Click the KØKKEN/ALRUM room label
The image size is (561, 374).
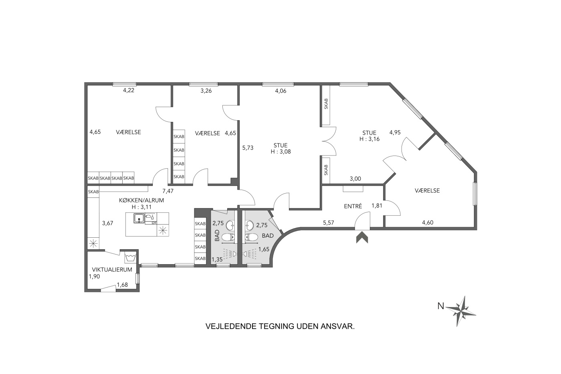141,200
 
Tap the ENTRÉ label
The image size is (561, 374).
353,206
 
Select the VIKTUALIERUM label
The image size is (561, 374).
112,270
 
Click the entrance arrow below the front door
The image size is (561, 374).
362,237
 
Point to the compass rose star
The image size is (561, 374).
461,311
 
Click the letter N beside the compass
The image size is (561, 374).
441,306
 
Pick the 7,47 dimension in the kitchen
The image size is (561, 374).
168,191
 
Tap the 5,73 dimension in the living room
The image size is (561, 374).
248,148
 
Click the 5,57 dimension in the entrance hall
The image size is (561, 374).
329,223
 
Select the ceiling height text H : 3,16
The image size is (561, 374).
369,139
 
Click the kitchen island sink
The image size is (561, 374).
139,218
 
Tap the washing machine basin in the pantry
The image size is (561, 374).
130,257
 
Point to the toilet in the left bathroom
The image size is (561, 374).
228,237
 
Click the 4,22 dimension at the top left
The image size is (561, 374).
129,91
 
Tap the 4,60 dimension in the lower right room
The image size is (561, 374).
428,222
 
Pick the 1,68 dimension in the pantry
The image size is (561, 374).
123,285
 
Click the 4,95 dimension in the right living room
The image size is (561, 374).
395,133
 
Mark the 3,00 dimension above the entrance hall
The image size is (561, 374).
355,179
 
